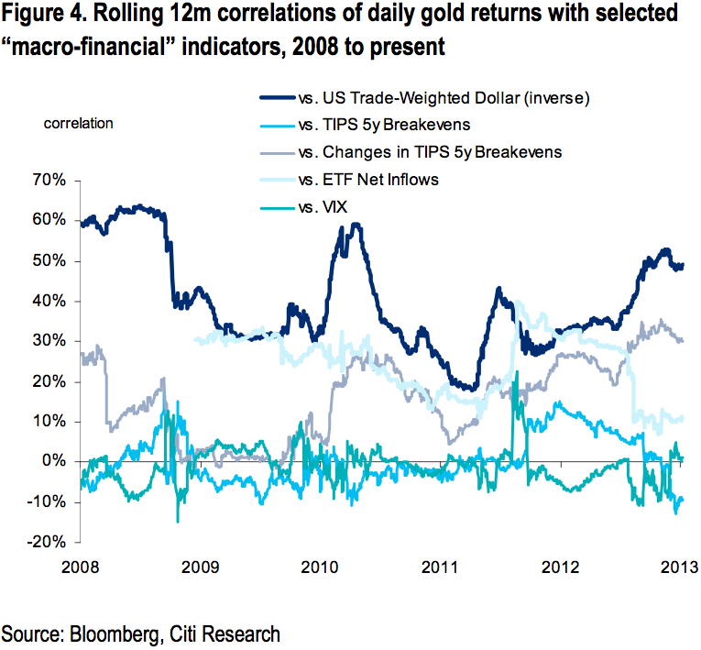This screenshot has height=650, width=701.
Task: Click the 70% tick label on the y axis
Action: point(48,180)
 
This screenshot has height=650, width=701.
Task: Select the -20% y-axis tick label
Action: point(47,542)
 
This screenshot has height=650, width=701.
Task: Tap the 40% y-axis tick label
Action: point(48,301)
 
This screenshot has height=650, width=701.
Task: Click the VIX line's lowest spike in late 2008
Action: point(178,522)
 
